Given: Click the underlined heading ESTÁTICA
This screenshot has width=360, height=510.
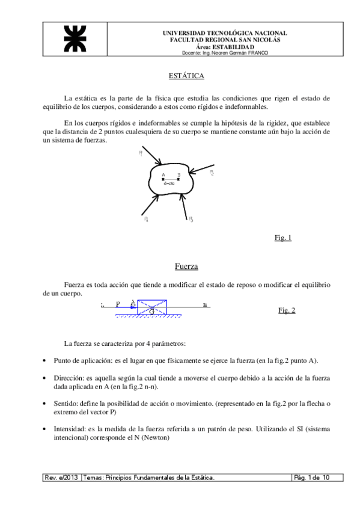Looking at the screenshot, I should pyautogui.click(x=186, y=76).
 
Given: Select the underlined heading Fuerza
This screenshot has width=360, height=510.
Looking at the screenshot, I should pyautogui.click(x=186, y=265).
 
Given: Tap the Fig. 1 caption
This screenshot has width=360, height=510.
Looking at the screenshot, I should pyautogui.click(x=282, y=238).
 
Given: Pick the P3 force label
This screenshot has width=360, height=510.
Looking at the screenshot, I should pyautogui.click(x=191, y=219).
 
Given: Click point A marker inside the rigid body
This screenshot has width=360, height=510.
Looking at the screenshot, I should pyautogui.click(x=163, y=179).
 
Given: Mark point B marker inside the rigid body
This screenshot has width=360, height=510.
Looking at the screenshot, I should pyautogui.click(x=178, y=179).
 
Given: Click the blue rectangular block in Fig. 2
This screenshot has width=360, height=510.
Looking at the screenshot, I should pyautogui.click(x=153, y=307).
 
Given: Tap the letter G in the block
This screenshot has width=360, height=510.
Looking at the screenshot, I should pyautogui.click(x=152, y=311).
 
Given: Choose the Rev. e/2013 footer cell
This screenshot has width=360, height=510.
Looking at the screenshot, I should pyautogui.click(x=61, y=477).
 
